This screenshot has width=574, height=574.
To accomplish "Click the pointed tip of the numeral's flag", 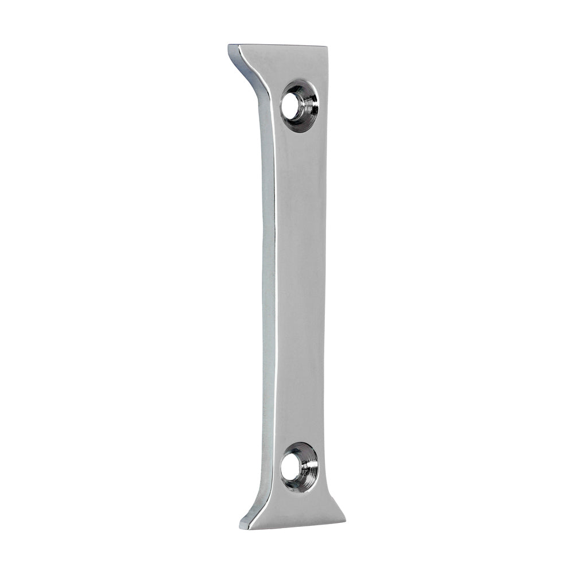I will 230,46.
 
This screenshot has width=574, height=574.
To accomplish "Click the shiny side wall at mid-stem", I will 269,287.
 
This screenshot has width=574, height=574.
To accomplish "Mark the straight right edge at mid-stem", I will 325,287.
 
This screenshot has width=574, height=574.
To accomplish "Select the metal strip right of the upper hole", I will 324,106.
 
